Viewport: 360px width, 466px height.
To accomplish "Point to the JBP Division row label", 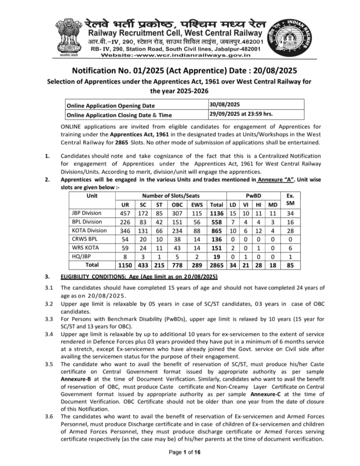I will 87,213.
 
